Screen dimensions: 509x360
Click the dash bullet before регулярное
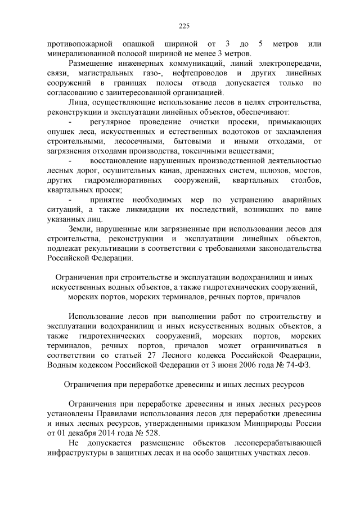point(69,122)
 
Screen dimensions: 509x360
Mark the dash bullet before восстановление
point(69,161)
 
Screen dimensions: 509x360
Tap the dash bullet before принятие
point(69,200)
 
